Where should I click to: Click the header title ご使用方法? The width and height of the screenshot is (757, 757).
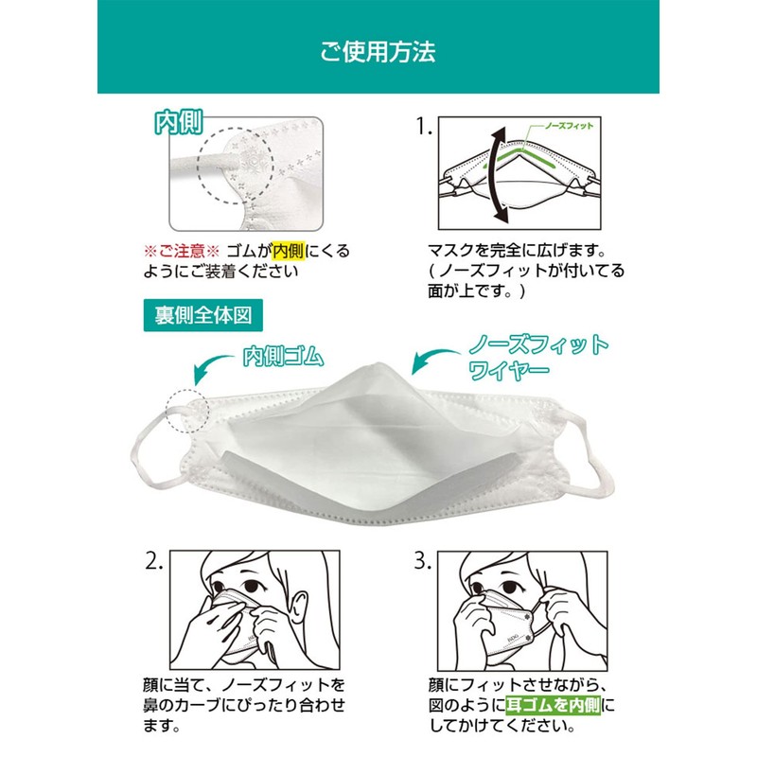[x=378, y=50]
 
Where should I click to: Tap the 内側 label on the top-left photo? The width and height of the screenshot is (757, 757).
[x=179, y=125]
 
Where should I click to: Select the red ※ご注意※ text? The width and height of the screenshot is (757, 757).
[x=181, y=251]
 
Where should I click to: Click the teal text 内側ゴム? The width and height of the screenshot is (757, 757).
[x=283, y=357]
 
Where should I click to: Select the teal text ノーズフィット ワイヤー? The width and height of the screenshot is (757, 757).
[x=536, y=357]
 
